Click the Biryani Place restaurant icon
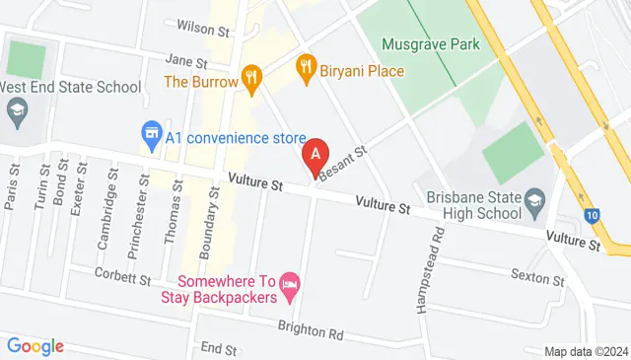306,68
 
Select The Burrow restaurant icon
250,76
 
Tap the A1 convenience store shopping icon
151,131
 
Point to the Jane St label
185,60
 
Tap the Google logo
35,345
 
